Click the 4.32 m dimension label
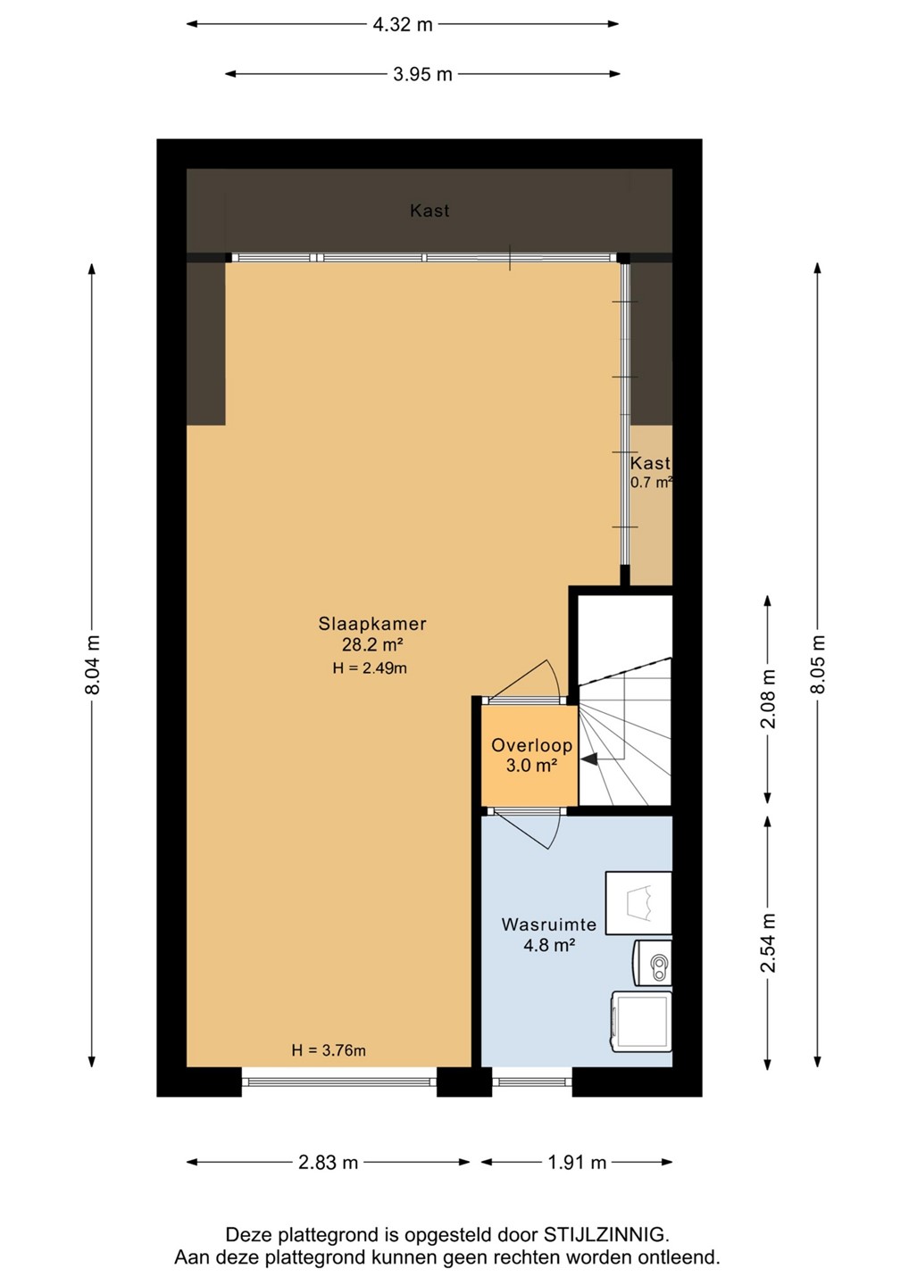(402, 25)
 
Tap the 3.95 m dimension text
(422, 75)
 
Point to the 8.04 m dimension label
(93, 664)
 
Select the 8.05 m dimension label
(817, 664)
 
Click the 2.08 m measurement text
(768, 699)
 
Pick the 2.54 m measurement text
(768, 943)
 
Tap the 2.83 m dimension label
(328, 1162)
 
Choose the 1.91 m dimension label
(577, 1162)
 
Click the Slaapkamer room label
(372, 624)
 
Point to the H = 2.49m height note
(370, 667)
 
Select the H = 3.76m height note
(329, 1050)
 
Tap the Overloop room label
(531, 745)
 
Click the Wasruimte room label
(548, 924)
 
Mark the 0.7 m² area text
(651, 482)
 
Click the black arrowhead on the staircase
(588, 759)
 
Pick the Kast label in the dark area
(429, 211)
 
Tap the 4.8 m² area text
(548, 945)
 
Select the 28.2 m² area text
(371, 645)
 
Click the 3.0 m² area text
(531, 766)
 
